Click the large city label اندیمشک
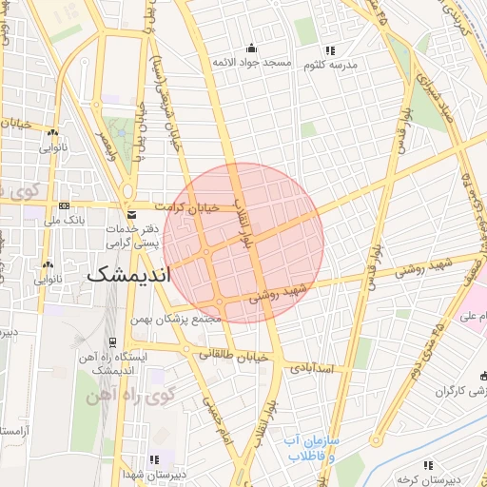pyautogui.click(x=127, y=275)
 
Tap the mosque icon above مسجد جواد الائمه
pyautogui.click(x=251, y=49)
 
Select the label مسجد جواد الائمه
pyautogui.click(x=251, y=63)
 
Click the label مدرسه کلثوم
pyautogui.click(x=329, y=65)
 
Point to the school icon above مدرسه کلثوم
pyautogui.click(x=329, y=50)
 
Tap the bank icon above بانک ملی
pyautogui.click(x=64, y=205)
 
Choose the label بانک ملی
pyautogui.click(x=64, y=219)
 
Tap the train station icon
pyautogui.click(x=112, y=341)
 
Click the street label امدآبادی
pyautogui.click(x=313, y=367)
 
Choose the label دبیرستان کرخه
pyautogui.click(x=427, y=478)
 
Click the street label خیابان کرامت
pyautogui.click(x=198, y=206)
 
